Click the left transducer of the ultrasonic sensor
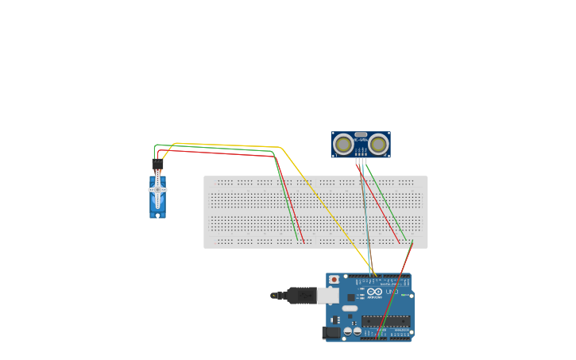[x=343, y=145]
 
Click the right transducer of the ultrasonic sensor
[x=378, y=145]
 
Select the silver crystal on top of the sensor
[x=361, y=134]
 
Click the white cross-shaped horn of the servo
[x=157, y=190]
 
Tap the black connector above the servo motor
[x=157, y=165]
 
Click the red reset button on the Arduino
[x=334, y=280]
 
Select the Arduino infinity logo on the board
[x=374, y=292]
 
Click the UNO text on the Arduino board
[x=392, y=292]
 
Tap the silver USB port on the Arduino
[x=327, y=296]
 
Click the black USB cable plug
[x=302, y=296]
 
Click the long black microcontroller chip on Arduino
[x=386, y=321]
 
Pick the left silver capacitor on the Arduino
[x=347, y=331]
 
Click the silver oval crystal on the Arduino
[x=350, y=309]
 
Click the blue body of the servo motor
[x=157, y=205]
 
